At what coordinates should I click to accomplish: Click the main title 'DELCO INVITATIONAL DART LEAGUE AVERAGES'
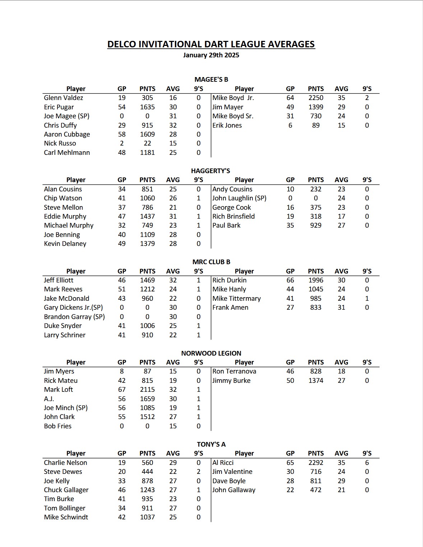coord(211,44)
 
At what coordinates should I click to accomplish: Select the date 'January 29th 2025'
coord(211,55)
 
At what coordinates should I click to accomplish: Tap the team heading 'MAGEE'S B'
coord(211,80)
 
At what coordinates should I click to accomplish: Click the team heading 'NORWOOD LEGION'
coord(211,353)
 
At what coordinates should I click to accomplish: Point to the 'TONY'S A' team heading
coord(211,444)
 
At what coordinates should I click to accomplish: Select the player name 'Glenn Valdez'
coord(64,98)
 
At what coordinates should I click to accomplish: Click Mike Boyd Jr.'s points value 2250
coord(316,98)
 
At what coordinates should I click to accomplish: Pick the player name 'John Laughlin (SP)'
coord(239,198)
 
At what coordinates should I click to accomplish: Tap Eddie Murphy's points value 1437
coord(147,217)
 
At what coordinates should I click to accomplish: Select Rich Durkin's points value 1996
coord(316,280)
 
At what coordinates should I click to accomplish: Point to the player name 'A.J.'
coord(49,399)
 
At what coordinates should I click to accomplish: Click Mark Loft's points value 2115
coord(147,390)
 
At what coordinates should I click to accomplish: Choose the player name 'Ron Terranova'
coord(234,371)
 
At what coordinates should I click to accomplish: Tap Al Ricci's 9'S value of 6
coord(367,463)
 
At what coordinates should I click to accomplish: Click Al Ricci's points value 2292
coord(316,463)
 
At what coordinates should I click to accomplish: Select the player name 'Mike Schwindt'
coord(66,517)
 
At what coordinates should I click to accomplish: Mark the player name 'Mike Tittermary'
coord(236,299)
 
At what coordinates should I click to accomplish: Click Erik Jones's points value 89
coord(316,125)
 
